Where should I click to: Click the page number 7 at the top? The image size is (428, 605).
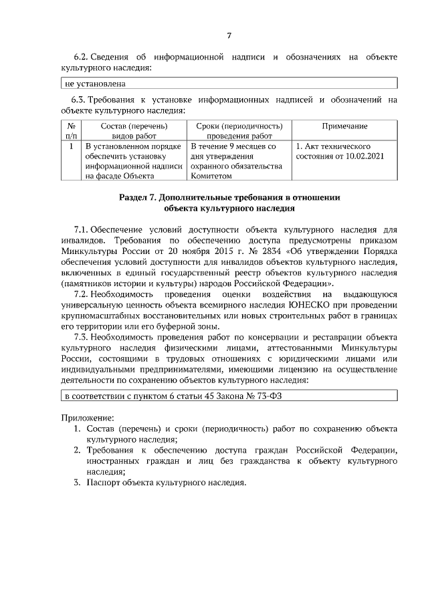point(229,35)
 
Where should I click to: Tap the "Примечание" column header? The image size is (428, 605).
point(344,126)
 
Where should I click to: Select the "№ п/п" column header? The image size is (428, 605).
point(71,130)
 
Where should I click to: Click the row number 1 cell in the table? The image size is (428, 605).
point(71,146)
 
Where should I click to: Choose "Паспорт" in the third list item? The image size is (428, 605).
point(104,483)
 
